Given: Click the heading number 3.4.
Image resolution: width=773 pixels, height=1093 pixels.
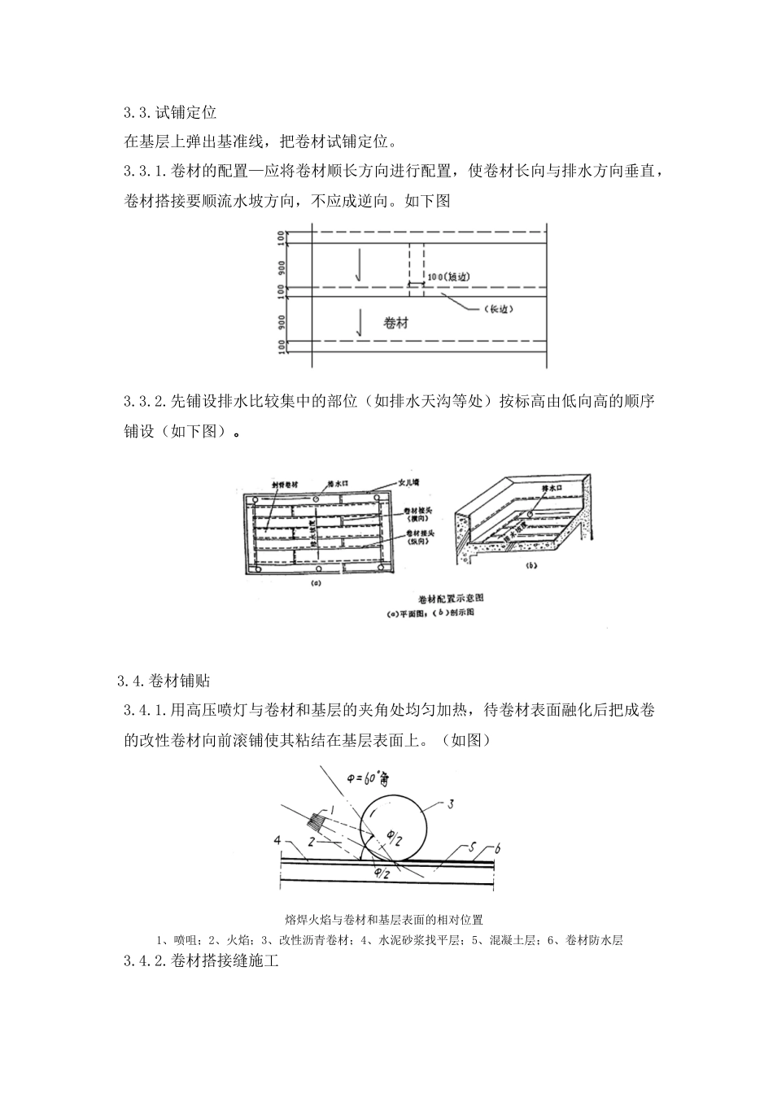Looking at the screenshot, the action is [130, 680].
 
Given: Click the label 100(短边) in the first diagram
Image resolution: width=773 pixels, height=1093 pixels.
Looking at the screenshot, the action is [448, 277].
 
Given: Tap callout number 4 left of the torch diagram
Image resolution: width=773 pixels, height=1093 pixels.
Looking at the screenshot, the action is [277, 839].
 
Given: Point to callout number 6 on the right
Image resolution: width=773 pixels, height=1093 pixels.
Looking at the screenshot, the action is [498, 848].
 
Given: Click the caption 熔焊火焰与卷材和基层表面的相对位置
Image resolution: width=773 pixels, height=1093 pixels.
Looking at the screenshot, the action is [385, 920].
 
